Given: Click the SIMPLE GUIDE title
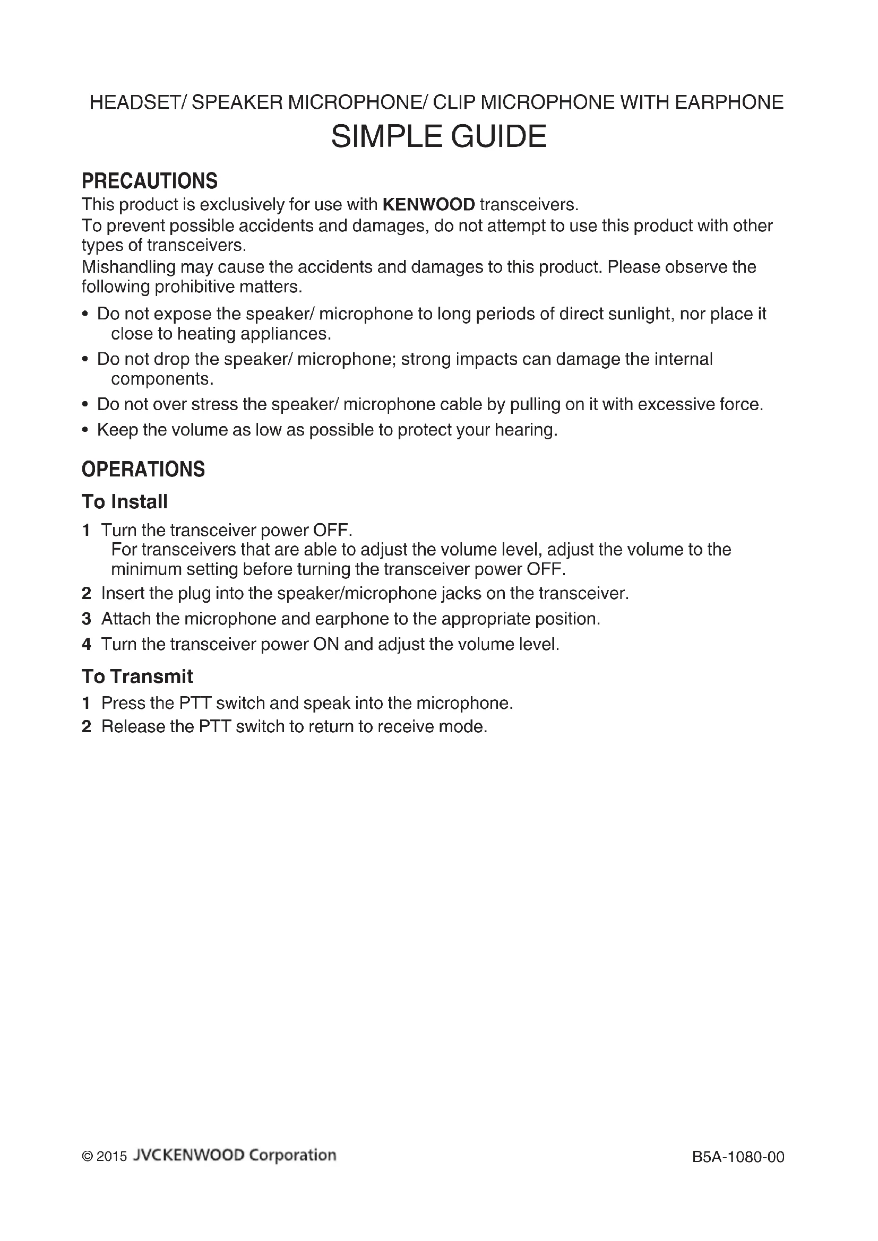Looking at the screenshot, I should tap(438, 136).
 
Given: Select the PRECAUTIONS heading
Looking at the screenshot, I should tap(149, 181).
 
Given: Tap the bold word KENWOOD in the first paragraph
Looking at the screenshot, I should tap(428, 205).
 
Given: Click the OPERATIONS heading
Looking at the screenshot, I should tap(143, 469).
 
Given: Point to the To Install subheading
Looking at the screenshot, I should tap(124, 501).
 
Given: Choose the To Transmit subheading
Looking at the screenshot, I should tap(137, 676).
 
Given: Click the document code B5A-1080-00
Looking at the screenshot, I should tap(738, 1157).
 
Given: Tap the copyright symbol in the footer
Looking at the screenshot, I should tap(87, 1157).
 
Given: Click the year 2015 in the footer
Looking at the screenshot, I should tap(112, 1157).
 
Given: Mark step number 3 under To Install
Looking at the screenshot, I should tap(87, 619).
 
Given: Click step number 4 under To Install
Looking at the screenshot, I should tap(87, 644).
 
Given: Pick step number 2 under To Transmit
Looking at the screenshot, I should tap(87, 727).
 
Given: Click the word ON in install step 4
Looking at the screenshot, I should tap(325, 644).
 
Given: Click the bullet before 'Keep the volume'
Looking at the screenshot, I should tap(85, 430).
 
